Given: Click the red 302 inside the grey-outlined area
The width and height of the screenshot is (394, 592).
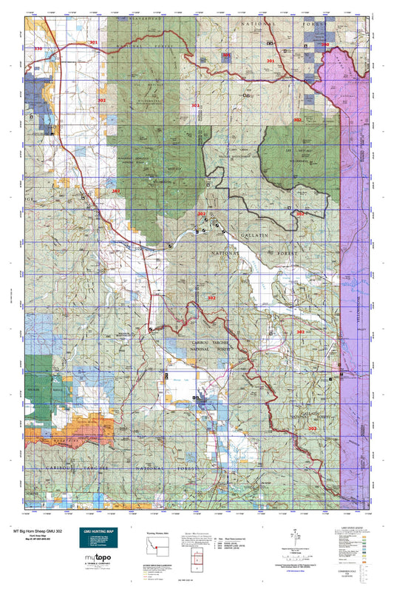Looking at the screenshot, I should coord(299,213).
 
